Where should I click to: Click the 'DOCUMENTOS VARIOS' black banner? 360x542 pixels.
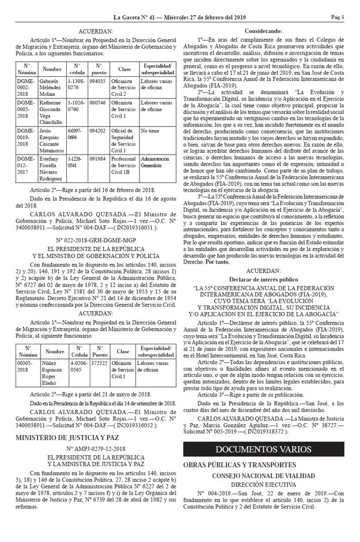(x=263, y=449)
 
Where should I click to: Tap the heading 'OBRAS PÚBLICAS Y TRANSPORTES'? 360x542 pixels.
(x=240, y=465)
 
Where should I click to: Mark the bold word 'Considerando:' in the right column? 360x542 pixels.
(x=263, y=31)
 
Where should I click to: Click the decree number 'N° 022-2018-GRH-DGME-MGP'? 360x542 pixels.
(x=95, y=226)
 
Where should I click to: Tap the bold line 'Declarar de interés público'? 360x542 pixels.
(x=263, y=279)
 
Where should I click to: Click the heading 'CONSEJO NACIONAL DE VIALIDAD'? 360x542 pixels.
(x=263, y=476)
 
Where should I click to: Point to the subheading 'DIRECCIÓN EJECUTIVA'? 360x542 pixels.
(x=263, y=484)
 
